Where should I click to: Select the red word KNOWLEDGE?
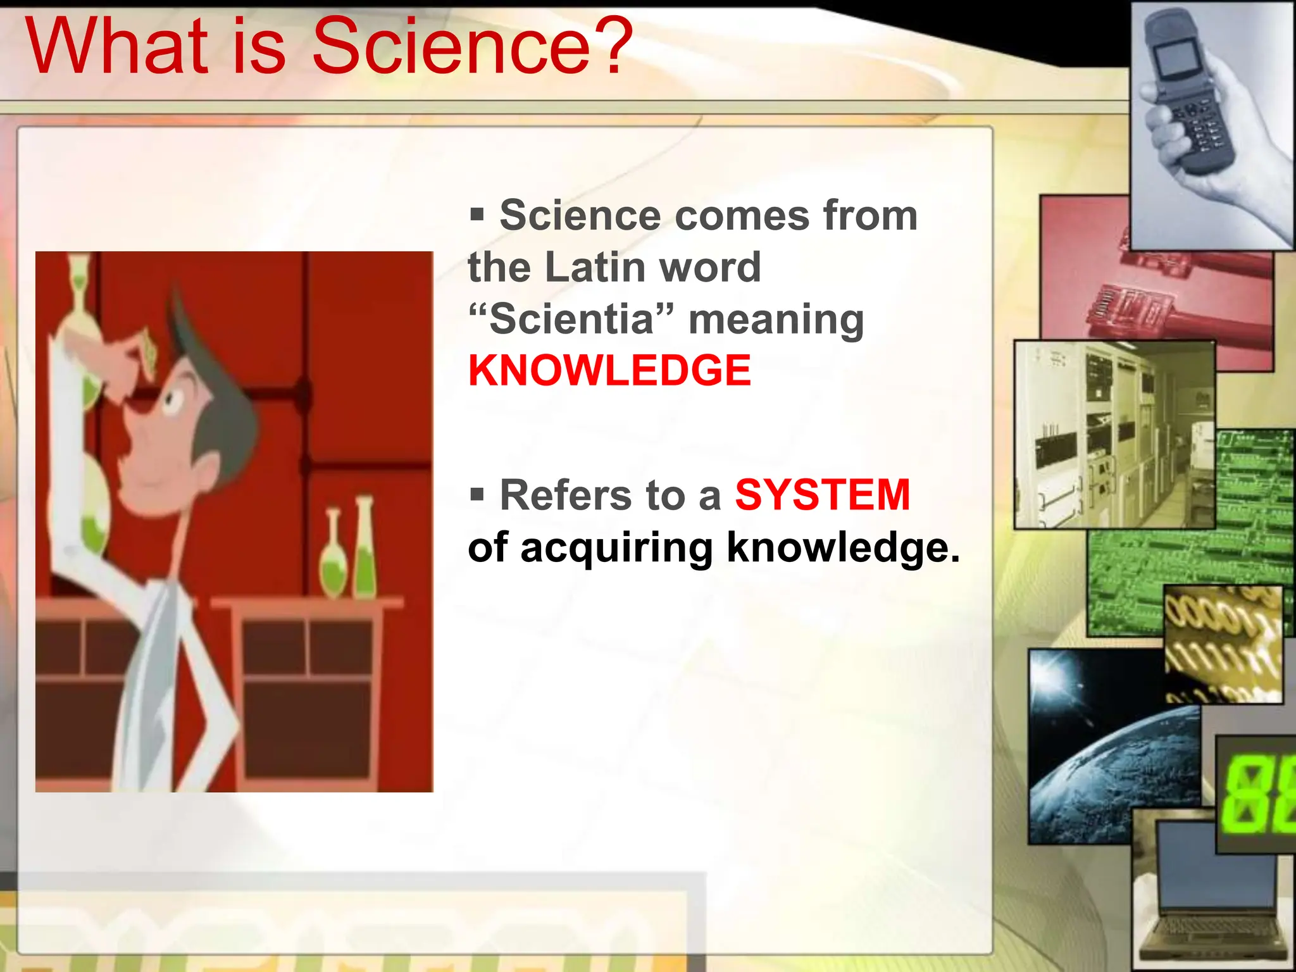pyautogui.click(x=609, y=371)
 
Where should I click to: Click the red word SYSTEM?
pyautogui.click(x=822, y=495)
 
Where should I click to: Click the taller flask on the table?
pyautogui.click(x=365, y=551)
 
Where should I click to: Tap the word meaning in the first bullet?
pyautogui.click(x=776, y=319)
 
